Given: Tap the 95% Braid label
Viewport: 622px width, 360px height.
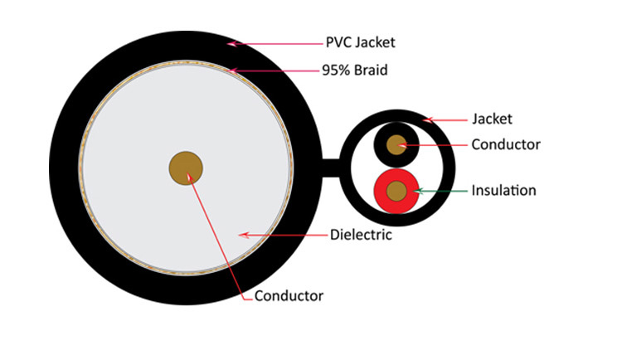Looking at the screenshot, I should (355, 71).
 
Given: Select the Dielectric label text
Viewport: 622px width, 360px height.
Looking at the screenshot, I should (361, 236).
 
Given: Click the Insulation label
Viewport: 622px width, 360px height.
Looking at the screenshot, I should (503, 191).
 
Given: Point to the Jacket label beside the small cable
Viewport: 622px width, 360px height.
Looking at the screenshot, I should (492, 119).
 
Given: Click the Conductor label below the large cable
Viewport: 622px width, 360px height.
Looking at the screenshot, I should (289, 295).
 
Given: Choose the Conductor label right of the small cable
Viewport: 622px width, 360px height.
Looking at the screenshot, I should (505, 144).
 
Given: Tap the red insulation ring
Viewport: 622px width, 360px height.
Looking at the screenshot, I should (382, 192).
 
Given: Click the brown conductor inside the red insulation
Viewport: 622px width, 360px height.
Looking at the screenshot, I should (398, 191).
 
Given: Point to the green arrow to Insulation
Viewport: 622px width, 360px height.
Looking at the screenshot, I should (440, 191).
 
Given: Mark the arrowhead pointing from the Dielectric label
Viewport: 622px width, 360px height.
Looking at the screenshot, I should (243, 235).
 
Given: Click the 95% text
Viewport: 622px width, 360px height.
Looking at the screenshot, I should (334, 71).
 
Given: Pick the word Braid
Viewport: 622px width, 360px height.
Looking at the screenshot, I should (369, 71).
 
